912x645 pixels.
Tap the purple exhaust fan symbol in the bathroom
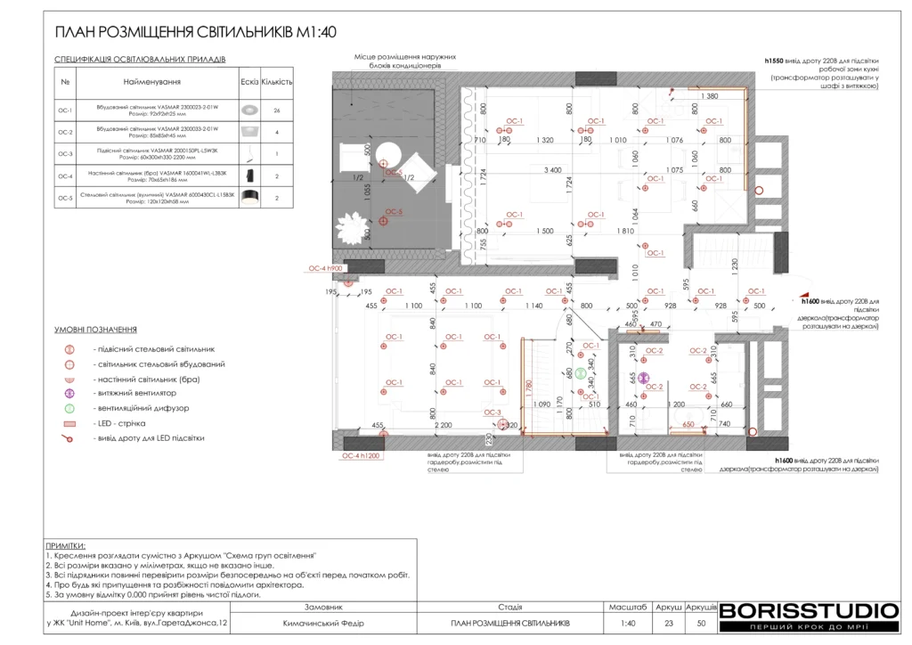click(x=645, y=378)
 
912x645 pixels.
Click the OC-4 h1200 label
click(x=361, y=455)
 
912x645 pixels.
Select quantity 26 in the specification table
click(x=278, y=110)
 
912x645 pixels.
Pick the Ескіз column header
click(x=249, y=81)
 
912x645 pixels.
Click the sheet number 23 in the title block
click(x=668, y=623)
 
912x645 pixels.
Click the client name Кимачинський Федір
click(x=323, y=623)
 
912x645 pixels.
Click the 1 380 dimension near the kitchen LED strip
click(x=710, y=95)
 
